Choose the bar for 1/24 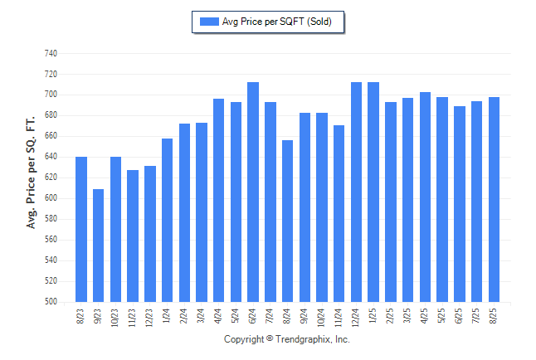point(167,220)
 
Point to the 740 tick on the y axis point(50,53)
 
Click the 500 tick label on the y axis point(50,302)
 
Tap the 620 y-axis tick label point(50,178)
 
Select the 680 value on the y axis point(50,115)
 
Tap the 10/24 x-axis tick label point(322,317)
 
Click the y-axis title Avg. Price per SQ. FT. point(31,172)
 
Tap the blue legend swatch point(208,22)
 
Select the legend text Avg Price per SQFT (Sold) point(276,22)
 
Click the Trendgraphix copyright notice point(287,339)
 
